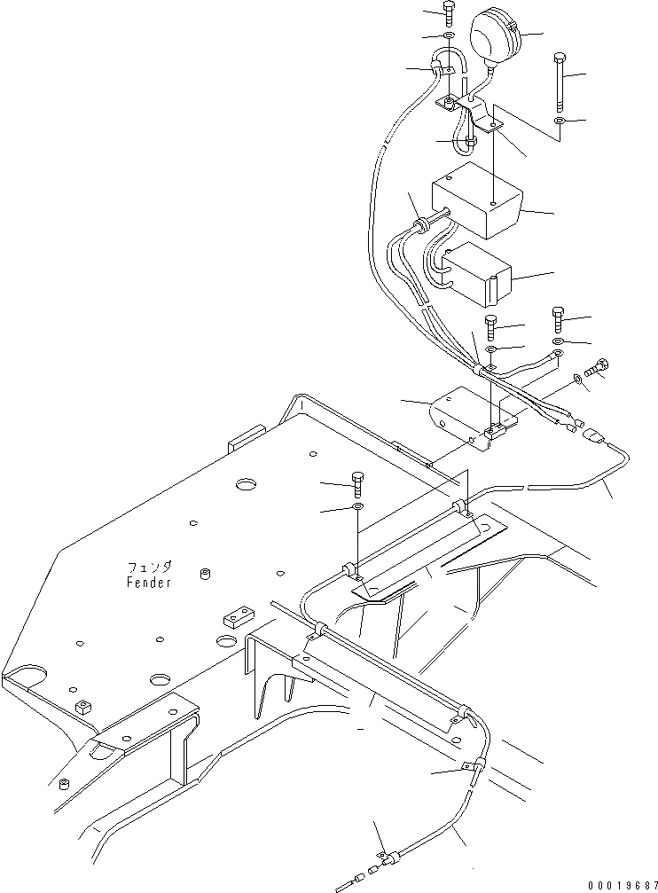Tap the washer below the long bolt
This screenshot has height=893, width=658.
click(558, 120)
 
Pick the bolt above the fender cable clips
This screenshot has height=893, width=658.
click(358, 482)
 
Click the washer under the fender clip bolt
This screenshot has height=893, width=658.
click(357, 506)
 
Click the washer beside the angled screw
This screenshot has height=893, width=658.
click(578, 379)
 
